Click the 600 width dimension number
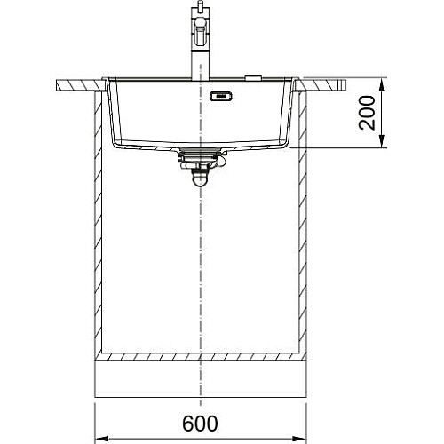tap(200, 424)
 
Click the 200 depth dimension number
tap(367, 113)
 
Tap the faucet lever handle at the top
tap(201, 32)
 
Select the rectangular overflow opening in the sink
tap(221, 97)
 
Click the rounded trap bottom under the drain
tap(201, 179)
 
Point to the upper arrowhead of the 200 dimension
tap(382, 85)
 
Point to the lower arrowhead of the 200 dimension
tap(382, 140)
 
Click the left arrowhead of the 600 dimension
tap(101, 438)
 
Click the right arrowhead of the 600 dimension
tap(299, 438)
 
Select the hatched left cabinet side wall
tap(98, 222)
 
